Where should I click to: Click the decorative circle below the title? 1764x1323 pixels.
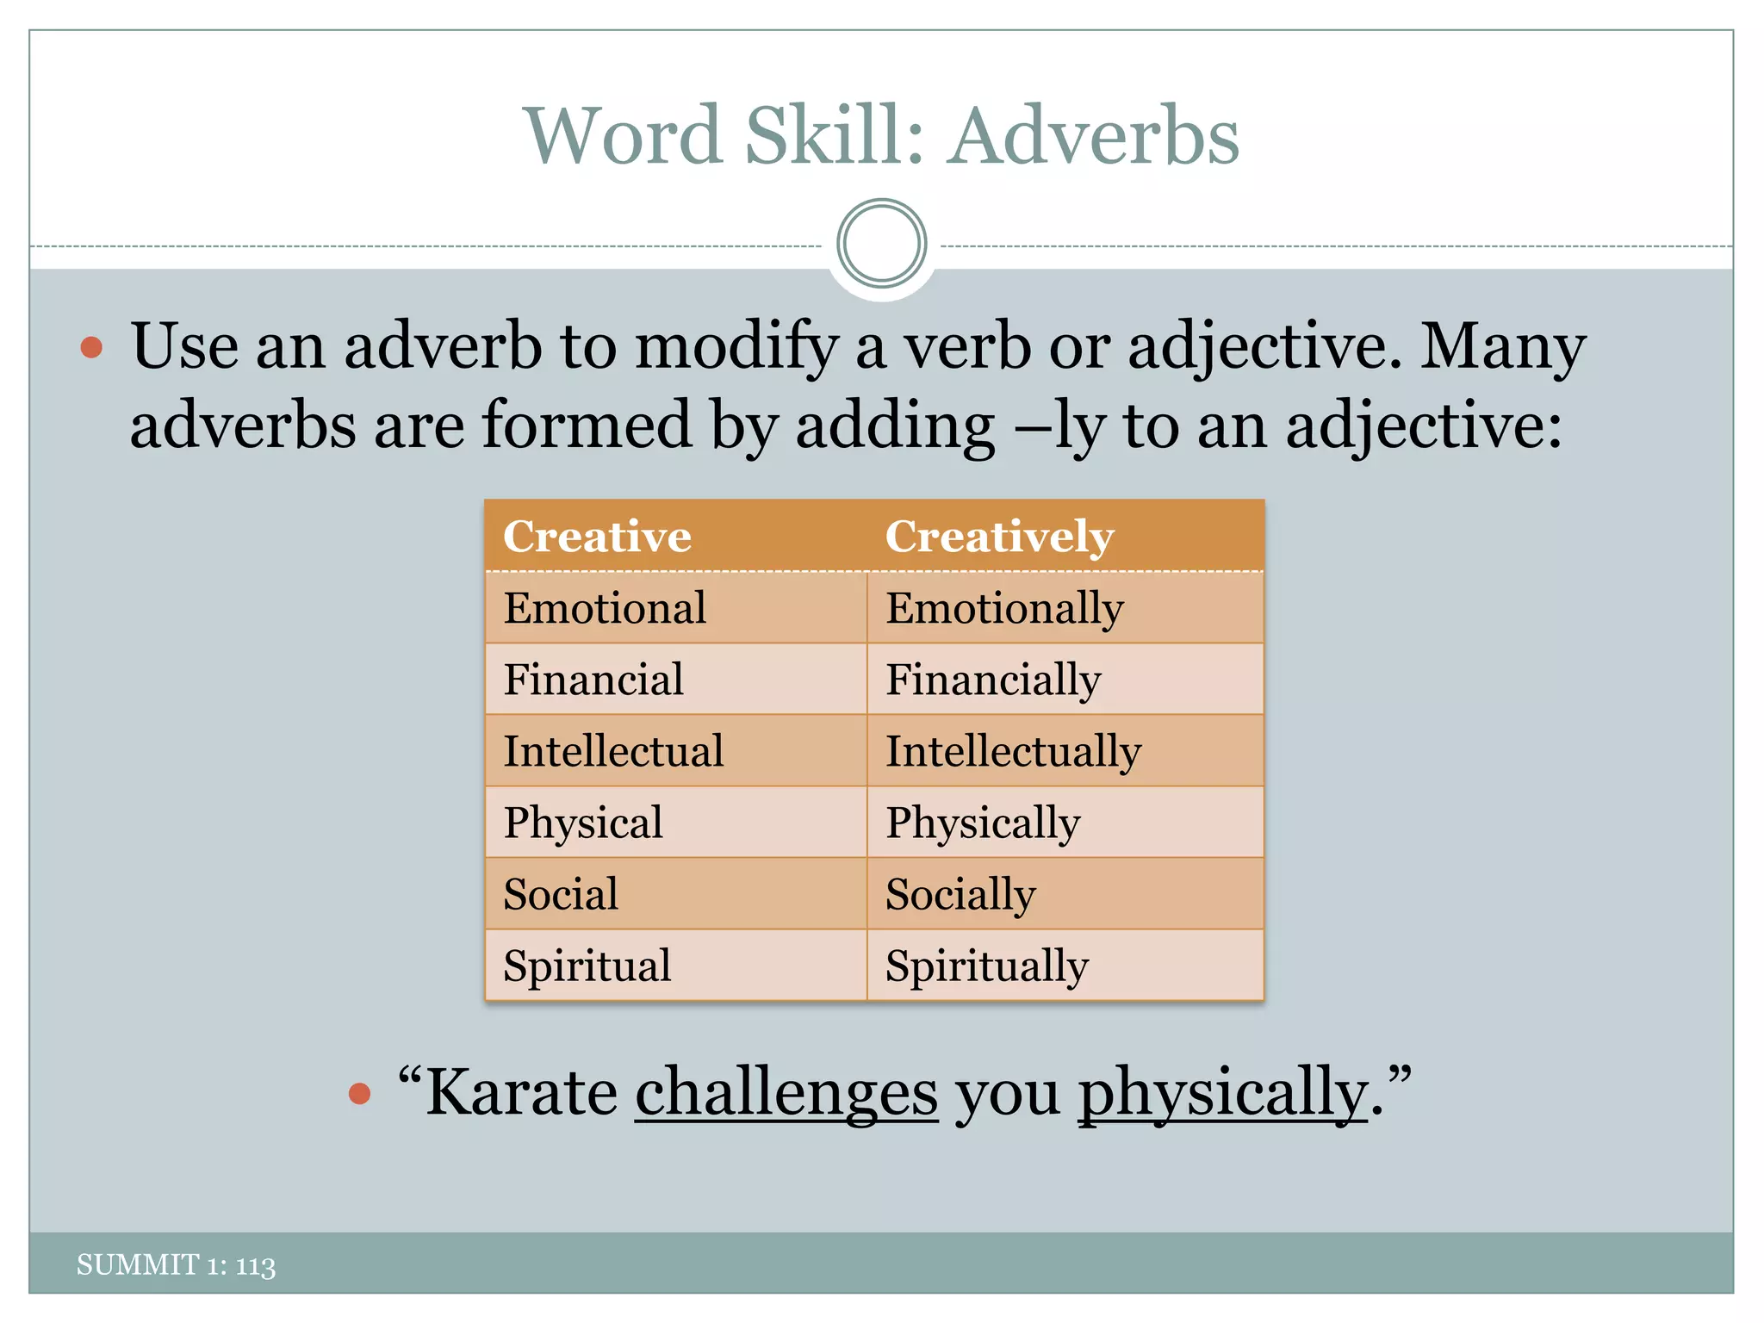[x=881, y=244]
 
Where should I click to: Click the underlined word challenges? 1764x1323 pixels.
[x=786, y=1092]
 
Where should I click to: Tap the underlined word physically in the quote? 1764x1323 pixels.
[x=1223, y=1092]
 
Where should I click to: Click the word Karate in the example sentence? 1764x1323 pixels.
[x=522, y=1092]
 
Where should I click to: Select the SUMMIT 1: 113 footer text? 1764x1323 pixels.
[x=176, y=1264]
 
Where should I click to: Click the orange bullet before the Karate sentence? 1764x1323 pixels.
[x=359, y=1094]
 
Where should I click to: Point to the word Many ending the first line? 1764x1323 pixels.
[x=1502, y=346]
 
